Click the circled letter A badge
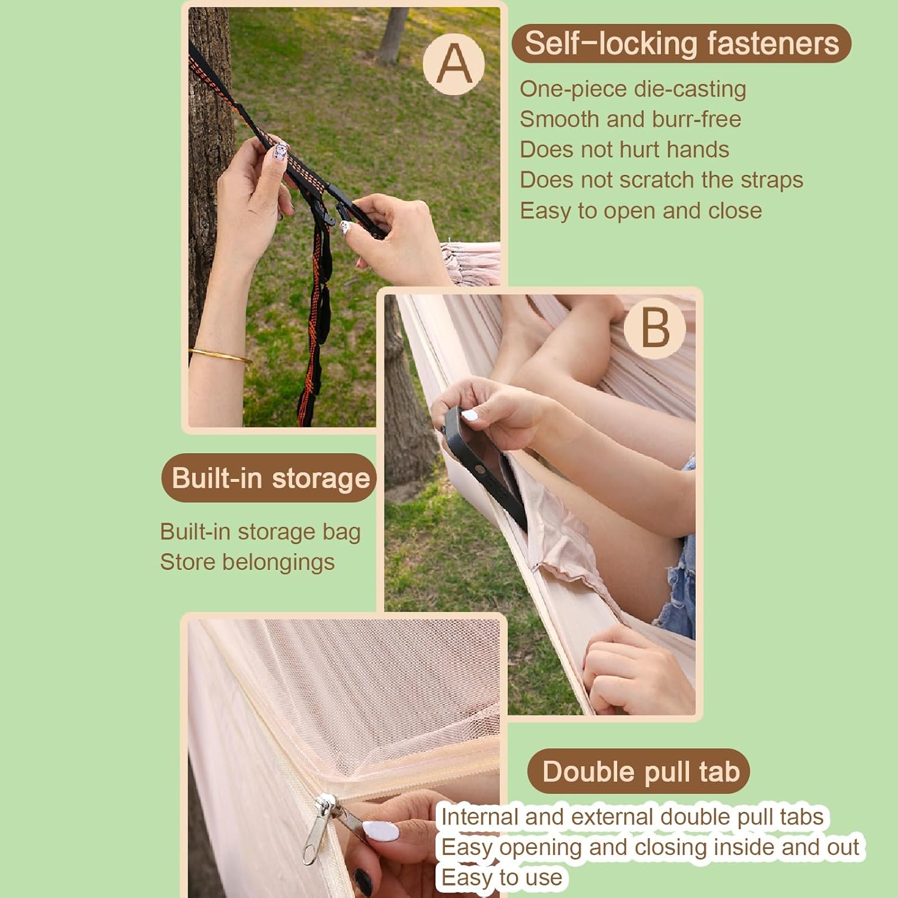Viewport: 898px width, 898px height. tap(454, 64)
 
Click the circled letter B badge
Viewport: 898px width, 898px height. tap(654, 328)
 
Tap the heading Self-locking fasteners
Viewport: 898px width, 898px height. tap(681, 43)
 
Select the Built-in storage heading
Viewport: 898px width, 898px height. tap(269, 478)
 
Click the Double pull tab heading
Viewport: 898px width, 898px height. tap(639, 771)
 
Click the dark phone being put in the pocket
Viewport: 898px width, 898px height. tap(485, 467)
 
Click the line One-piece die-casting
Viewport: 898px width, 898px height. tap(633, 89)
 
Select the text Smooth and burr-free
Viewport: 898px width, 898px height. tap(630, 119)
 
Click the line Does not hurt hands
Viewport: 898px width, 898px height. tap(624, 150)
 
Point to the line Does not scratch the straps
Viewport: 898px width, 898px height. tap(662, 180)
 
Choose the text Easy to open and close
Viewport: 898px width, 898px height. tap(641, 211)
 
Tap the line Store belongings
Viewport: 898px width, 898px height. tap(247, 562)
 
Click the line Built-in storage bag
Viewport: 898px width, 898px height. tap(260, 532)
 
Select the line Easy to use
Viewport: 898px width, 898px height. tap(502, 878)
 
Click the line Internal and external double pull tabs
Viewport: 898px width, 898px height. tap(632, 817)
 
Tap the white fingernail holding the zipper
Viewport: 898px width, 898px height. tap(380, 831)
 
